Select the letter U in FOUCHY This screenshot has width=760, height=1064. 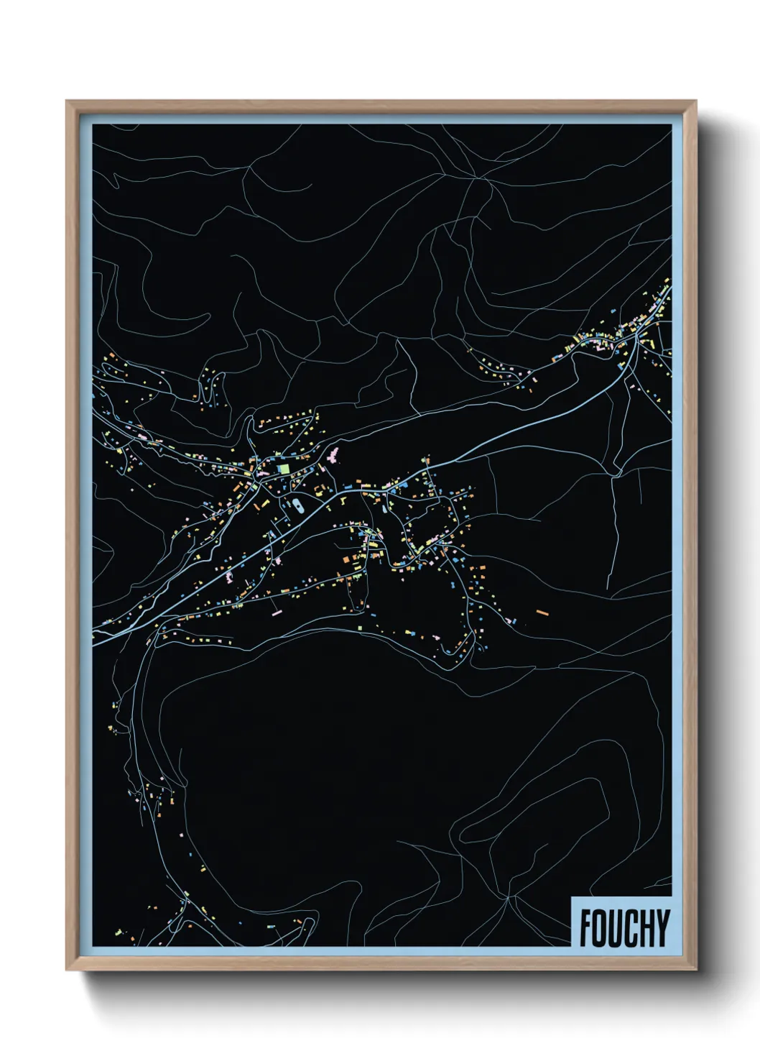(616, 928)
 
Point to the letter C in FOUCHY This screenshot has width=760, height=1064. (632, 928)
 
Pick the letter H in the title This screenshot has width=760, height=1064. (648, 928)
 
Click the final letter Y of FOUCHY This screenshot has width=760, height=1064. (663, 928)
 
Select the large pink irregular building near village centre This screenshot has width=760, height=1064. (333, 454)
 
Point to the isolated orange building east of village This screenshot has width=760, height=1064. (542, 613)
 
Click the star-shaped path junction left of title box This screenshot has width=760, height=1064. (508, 896)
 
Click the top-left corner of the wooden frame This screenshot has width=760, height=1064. (67, 102)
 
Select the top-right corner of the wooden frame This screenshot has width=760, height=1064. (695, 102)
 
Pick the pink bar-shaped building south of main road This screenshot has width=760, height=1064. (276, 613)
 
